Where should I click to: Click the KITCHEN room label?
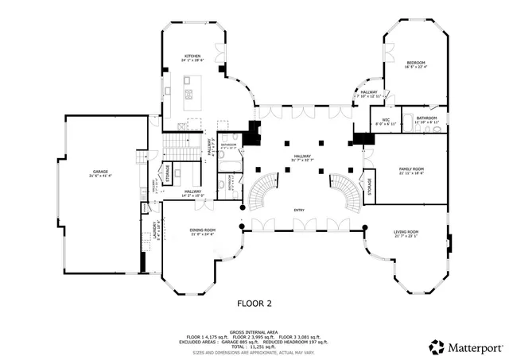[192, 56]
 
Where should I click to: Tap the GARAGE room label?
[100, 171]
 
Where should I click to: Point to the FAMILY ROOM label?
[411, 169]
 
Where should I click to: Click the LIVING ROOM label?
[406, 232]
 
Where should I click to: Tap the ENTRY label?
[299, 210]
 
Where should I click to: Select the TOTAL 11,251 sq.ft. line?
[254, 346]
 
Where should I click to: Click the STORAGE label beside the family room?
[369, 185]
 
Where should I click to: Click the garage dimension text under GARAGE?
[100, 176]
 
